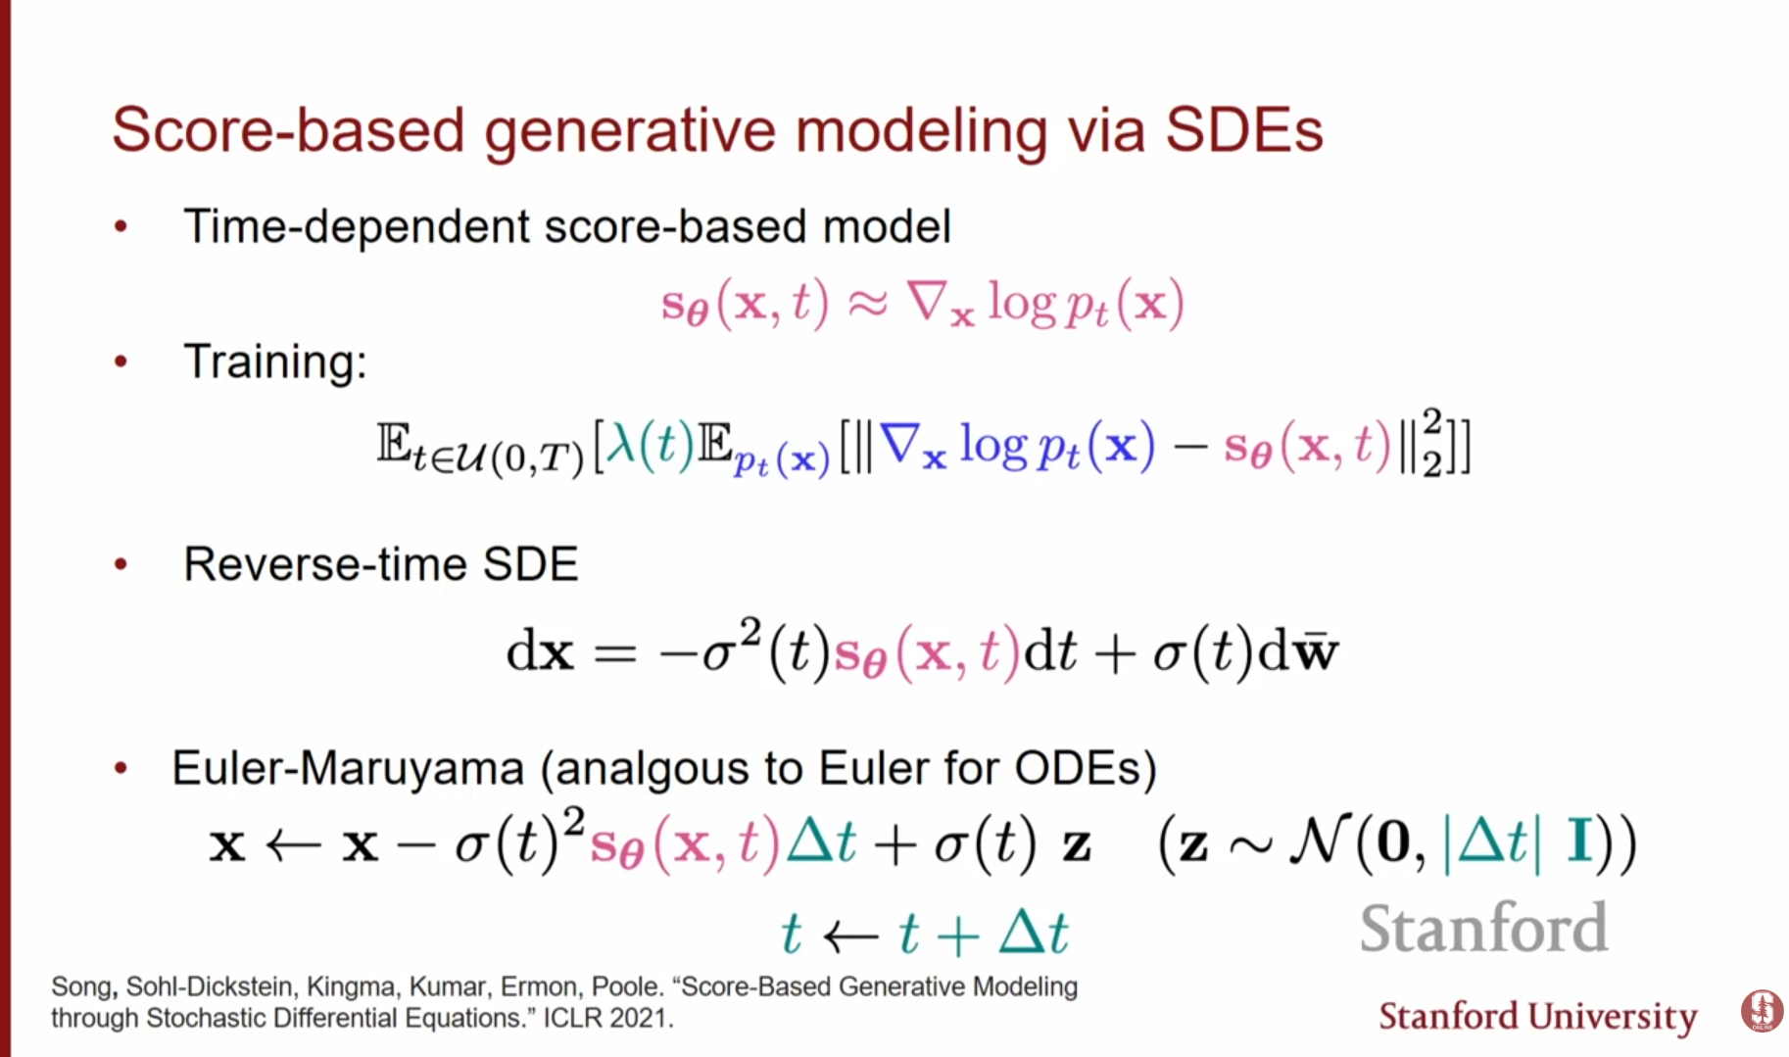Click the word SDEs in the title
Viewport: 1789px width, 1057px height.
tap(1244, 130)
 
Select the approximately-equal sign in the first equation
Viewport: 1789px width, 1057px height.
tap(867, 304)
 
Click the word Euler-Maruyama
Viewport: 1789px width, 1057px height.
tap(349, 769)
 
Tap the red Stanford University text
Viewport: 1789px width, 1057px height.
tap(1537, 1017)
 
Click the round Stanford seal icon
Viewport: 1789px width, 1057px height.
tap(1762, 1011)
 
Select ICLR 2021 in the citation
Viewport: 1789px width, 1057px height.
tap(607, 1019)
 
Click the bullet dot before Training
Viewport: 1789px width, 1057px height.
tap(121, 361)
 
